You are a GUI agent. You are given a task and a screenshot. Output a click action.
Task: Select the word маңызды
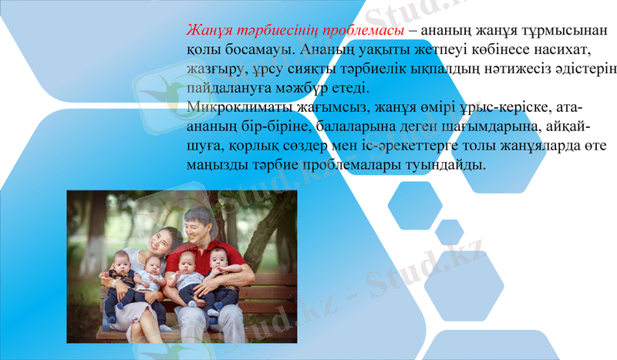217,165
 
